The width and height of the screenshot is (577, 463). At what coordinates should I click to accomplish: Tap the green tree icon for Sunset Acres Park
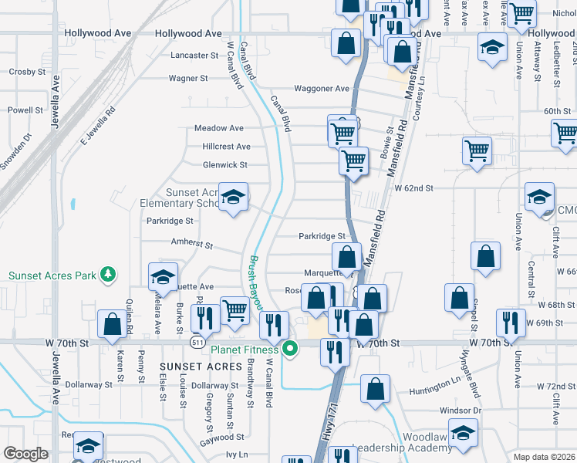pyautogui.click(x=109, y=274)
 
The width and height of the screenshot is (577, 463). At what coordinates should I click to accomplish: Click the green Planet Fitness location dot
pyautogui.click(x=290, y=350)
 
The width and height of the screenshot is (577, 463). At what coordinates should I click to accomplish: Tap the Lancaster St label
pyautogui.click(x=194, y=56)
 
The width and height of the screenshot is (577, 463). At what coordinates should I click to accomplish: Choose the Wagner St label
pyautogui.click(x=188, y=78)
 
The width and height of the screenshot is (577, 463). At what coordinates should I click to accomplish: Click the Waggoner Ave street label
pyautogui.click(x=324, y=89)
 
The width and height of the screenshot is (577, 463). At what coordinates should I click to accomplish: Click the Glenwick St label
pyautogui.click(x=224, y=165)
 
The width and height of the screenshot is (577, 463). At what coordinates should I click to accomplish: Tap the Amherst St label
pyautogui.click(x=191, y=244)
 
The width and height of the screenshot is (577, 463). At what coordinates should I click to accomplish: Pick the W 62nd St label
pyautogui.click(x=413, y=188)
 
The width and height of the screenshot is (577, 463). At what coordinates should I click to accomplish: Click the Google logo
pyautogui.click(x=25, y=454)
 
